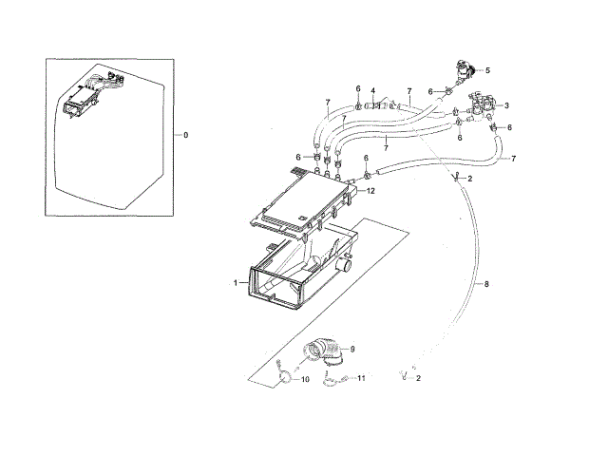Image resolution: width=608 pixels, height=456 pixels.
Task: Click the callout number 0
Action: point(185,136)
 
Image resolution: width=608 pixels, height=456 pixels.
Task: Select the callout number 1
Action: point(234,283)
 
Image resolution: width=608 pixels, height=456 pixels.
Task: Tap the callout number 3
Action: point(507,105)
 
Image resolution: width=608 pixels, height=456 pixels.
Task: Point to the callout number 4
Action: point(374,91)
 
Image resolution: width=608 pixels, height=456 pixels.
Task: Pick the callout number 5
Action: point(487,70)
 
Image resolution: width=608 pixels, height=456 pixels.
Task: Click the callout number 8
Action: point(487,283)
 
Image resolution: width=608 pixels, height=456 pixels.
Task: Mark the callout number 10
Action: point(305,380)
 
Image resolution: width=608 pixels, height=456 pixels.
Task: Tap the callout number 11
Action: point(361,379)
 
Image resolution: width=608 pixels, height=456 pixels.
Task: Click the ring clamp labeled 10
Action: point(282,377)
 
